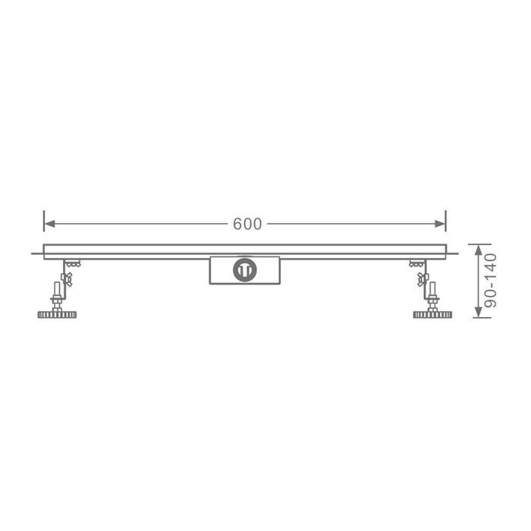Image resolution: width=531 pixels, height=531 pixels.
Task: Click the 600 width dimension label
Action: (x=247, y=224)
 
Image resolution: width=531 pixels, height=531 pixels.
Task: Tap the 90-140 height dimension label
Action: (x=491, y=281)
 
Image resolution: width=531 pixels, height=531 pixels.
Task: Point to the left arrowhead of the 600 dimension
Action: (x=50, y=224)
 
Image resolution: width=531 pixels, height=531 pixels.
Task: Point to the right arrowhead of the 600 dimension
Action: (x=440, y=224)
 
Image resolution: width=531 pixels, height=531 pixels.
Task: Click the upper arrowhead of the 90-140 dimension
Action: (x=478, y=250)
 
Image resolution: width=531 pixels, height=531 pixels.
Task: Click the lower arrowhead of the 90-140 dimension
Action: (x=478, y=312)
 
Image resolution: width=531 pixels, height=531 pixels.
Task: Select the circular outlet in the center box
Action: (x=244, y=270)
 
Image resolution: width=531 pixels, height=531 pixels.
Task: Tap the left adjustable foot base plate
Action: (x=57, y=315)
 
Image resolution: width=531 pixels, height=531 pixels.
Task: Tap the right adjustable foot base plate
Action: (x=432, y=315)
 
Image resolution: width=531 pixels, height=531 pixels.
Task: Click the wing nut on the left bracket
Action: (x=67, y=279)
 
